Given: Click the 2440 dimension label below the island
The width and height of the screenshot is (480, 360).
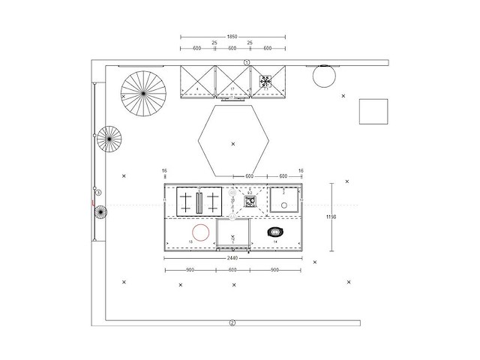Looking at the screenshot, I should point(232,257).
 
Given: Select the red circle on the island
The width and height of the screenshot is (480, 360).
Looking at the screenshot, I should point(200,231).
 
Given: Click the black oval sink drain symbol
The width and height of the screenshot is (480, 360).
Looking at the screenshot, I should point(276,232).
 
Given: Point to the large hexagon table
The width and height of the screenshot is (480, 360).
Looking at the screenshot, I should point(232,139).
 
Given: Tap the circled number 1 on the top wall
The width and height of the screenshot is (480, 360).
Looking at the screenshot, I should point(246,62).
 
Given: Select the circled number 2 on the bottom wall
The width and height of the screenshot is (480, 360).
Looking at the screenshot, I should point(232,322).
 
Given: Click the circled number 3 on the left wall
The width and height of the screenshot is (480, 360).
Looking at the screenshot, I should point(97,193).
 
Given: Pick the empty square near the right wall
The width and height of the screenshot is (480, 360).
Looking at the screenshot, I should point(373,111).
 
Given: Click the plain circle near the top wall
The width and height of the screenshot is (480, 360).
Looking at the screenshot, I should point(325,76).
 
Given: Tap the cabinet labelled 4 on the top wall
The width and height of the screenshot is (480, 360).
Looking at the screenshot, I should point(198,82).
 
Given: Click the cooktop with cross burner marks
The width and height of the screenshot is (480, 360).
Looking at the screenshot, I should point(199,201).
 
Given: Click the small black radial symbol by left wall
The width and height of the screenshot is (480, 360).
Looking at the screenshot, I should point(100,212).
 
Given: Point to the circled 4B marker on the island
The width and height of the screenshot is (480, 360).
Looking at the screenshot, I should point(232,193).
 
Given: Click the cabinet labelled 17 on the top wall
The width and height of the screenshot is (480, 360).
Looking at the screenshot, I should point(233,82).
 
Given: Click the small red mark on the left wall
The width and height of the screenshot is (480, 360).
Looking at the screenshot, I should point(92,202).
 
